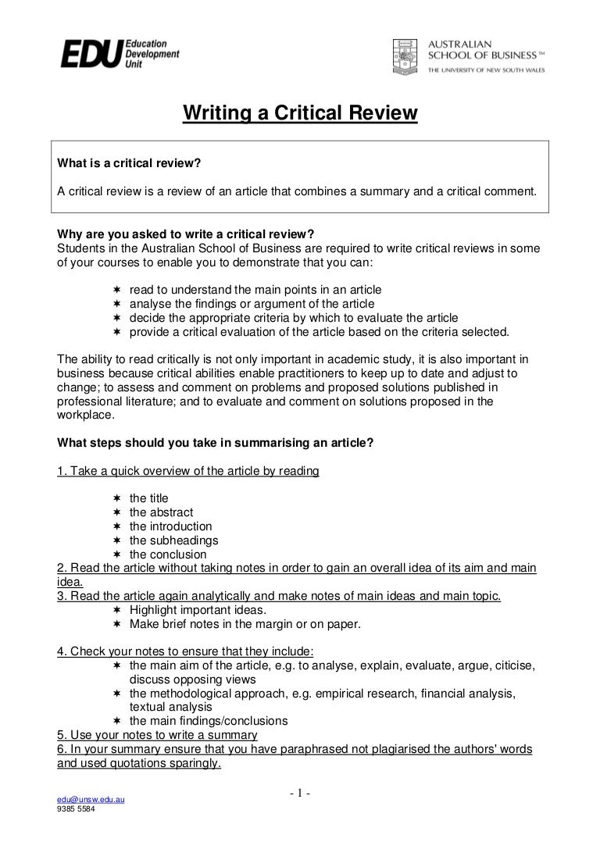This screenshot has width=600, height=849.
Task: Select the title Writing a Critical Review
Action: point(301,114)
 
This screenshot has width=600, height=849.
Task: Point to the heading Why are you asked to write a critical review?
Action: point(186,234)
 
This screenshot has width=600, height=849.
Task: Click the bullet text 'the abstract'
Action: point(161,512)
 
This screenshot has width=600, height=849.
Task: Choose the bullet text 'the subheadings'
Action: point(173,540)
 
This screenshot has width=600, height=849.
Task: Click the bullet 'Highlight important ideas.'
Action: point(198,610)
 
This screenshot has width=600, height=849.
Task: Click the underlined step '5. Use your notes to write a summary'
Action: point(158,735)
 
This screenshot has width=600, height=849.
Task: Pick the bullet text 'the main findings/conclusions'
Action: point(209,721)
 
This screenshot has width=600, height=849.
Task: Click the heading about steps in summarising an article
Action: point(216,443)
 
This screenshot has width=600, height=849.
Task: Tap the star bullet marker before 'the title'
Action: point(116,498)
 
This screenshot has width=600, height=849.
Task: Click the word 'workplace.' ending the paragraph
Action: point(86,416)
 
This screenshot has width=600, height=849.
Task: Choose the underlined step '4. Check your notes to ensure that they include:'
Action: point(186,651)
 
